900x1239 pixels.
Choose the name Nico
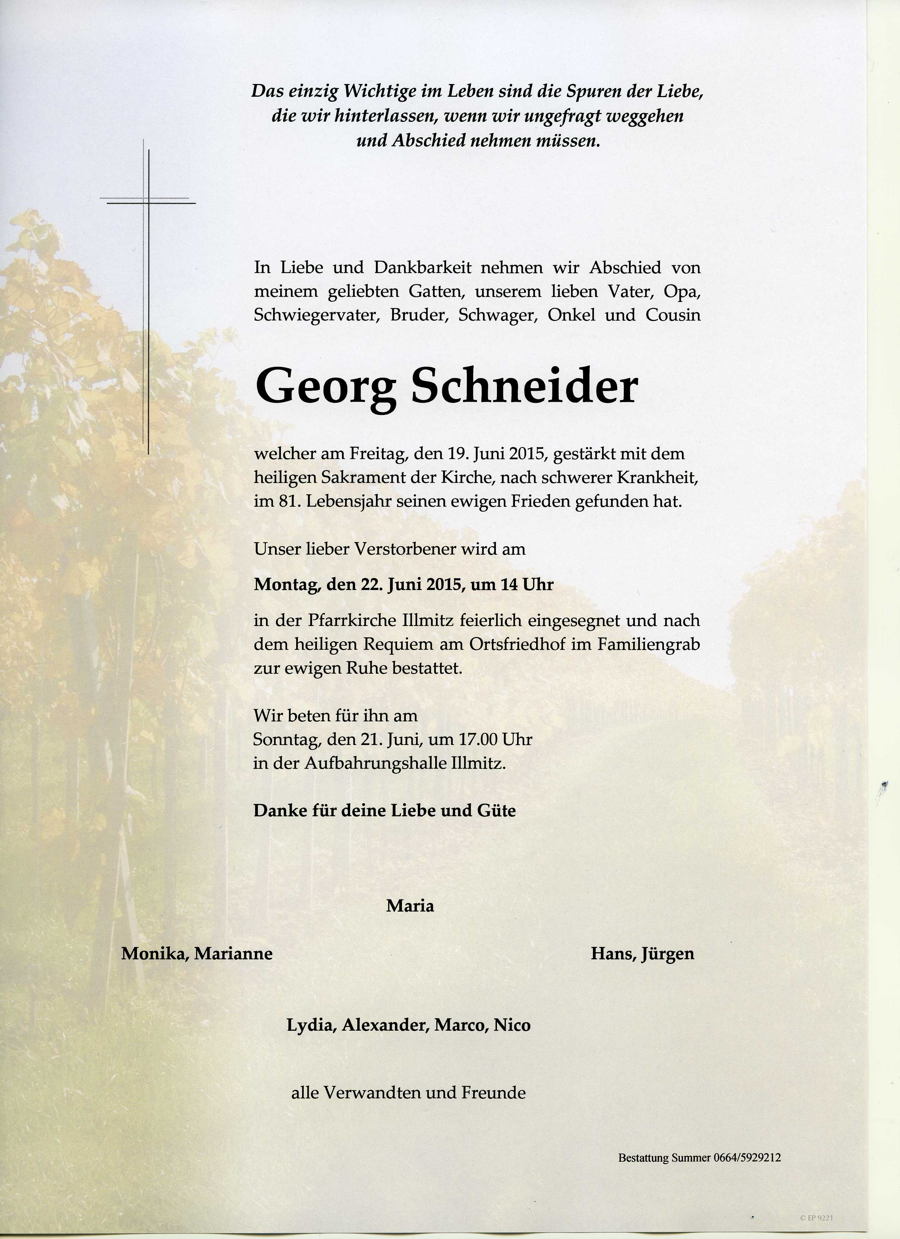(512, 1025)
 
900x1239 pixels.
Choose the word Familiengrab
(648, 645)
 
